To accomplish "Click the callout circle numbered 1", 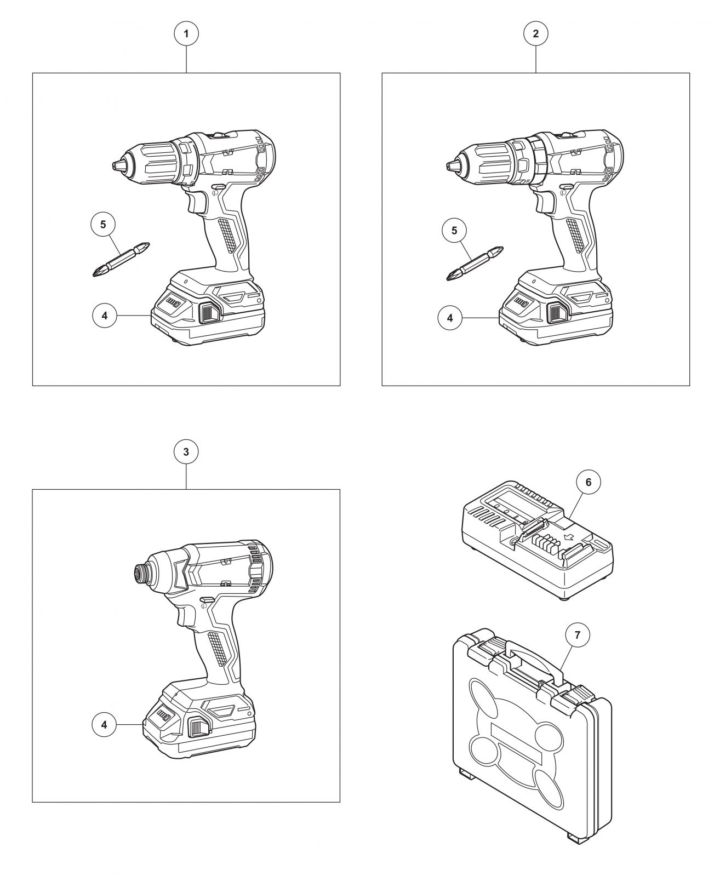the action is (186, 33).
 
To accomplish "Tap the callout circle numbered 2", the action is (535, 33).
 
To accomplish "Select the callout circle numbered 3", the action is (186, 452).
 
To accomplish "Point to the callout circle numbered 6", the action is (588, 482).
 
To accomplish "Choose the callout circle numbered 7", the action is (578, 635).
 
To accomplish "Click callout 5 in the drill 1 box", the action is (103, 224).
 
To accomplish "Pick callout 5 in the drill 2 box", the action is (454, 230).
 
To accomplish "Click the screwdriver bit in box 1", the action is (121, 260).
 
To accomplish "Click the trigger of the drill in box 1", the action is (197, 203).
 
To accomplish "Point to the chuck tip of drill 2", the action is (453, 166).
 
